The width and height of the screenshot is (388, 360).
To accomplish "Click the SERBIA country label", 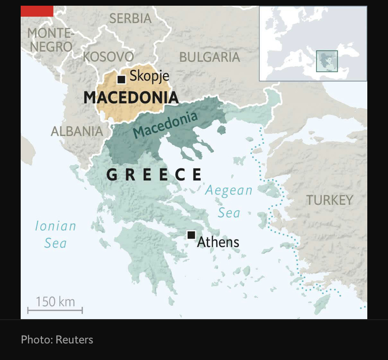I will click(x=130, y=19).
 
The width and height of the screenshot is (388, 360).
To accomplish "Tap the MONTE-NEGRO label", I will click(x=50, y=39).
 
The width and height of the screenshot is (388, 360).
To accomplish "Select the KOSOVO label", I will click(x=108, y=56).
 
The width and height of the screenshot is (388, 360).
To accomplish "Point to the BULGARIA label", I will click(x=210, y=57).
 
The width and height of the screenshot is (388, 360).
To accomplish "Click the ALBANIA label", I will click(x=77, y=131).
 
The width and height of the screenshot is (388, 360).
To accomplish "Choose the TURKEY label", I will click(x=329, y=200).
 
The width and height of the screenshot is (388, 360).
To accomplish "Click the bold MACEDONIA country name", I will click(x=131, y=97).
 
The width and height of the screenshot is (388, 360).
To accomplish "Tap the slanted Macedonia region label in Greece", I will click(x=165, y=126).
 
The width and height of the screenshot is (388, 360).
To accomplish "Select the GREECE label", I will click(x=154, y=175).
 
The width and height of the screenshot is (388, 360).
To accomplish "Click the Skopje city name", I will click(x=149, y=77).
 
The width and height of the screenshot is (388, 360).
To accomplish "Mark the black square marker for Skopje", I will click(x=121, y=79).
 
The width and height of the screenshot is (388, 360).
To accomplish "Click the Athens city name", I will click(x=218, y=242).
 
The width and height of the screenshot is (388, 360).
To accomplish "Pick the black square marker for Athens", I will click(x=191, y=235).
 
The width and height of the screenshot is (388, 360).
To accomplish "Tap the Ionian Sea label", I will click(x=55, y=234).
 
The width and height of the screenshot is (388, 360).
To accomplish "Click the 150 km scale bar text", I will click(x=55, y=301).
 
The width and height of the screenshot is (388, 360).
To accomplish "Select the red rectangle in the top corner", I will click(x=37, y=11).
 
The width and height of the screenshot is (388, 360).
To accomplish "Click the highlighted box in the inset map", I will click(x=326, y=61).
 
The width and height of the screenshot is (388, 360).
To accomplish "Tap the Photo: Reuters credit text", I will click(x=57, y=340).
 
